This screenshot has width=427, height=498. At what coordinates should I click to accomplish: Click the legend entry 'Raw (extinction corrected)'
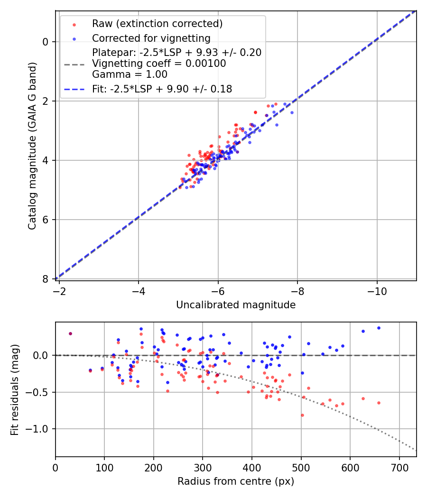[x=157, y=24]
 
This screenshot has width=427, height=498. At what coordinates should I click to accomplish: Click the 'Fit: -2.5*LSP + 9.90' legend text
[x=162, y=89]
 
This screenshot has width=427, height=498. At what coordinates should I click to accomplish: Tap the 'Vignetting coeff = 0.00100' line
[x=159, y=63]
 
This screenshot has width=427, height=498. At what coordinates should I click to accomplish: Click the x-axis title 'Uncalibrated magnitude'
[x=236, y=305]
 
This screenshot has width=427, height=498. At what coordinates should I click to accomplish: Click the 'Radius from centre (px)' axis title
[x=236, y=481]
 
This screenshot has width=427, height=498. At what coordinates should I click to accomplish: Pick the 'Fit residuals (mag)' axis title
[x=15, y=389]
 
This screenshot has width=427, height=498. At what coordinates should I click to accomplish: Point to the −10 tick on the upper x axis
[x=377, y=288]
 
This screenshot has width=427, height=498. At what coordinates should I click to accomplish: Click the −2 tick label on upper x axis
[x=59, y=288]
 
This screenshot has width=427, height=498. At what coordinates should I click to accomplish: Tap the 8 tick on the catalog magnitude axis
[x=46, y=279]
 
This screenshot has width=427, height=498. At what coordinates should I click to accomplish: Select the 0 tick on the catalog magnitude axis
[x=46, y=42]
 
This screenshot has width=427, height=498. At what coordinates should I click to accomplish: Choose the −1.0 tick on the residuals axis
[x=41, y=429]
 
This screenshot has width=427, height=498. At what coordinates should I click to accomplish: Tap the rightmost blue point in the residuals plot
[x=379, y=328]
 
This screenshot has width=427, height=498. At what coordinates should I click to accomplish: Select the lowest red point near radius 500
[x=302, y=415]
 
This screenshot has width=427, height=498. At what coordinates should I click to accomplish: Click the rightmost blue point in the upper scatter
[x=292, y=112]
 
